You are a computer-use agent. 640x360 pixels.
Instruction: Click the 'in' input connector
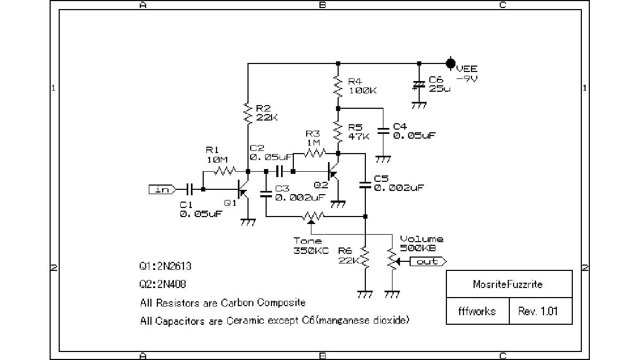[x=162, y=189]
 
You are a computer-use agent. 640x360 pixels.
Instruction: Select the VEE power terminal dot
[x=451, y=63]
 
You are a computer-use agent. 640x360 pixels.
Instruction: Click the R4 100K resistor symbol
[x=338, y=85]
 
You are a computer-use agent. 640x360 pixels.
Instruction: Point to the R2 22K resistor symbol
[x=248, y=114]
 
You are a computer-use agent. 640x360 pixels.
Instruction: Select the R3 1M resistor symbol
[x=315, y=154]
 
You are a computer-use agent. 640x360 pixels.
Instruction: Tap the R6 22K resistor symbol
[x=365, y=259]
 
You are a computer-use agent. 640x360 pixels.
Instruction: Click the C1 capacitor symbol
[x=189, y=189]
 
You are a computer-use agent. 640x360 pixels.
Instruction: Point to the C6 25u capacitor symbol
[x=419, y=85]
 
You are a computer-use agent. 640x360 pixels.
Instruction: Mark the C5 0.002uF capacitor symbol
[x=365, y=185]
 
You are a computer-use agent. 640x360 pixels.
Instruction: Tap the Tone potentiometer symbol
[x=312, y=217]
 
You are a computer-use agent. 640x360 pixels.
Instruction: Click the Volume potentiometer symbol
[x=393, y=261]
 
